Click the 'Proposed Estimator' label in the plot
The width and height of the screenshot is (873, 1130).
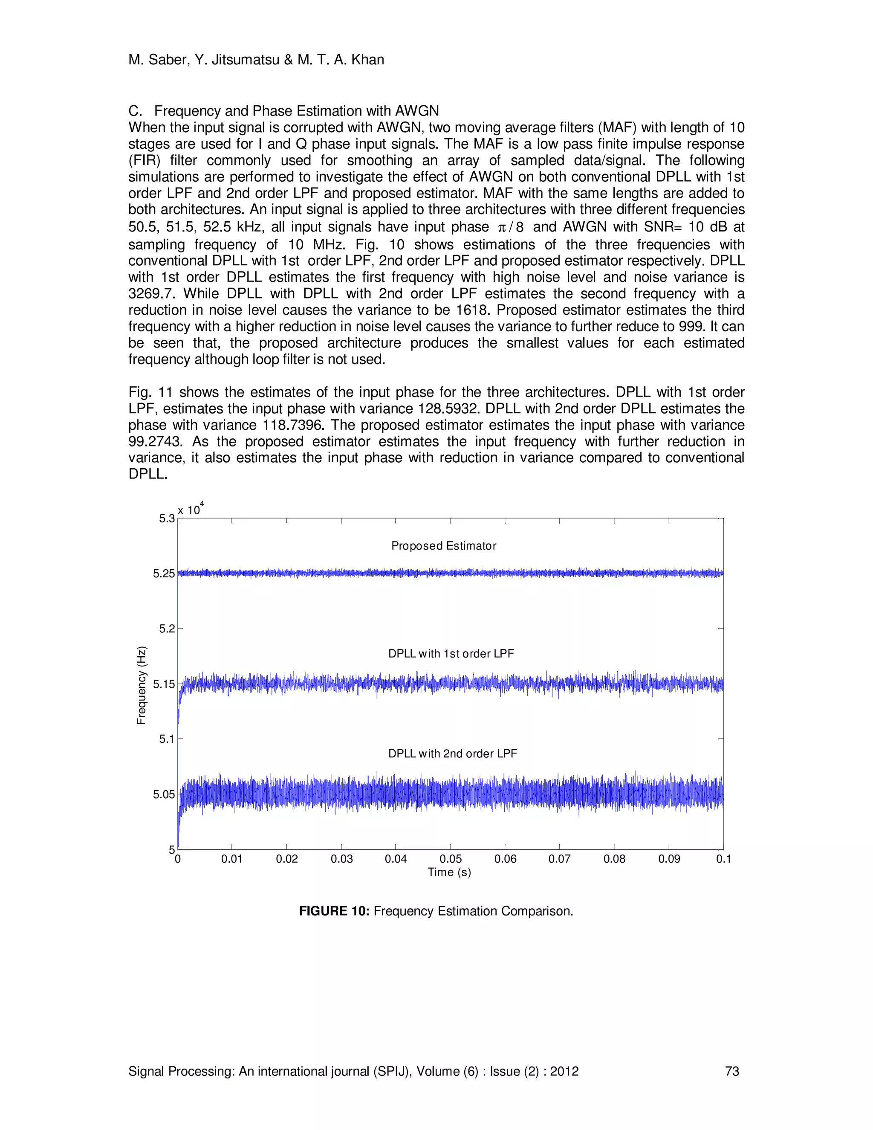[443, 546]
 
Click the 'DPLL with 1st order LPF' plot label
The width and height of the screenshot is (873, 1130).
[451, 653]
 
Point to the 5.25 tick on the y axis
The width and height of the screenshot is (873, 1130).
[163, 573]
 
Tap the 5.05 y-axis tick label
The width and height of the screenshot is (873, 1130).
[163, 794]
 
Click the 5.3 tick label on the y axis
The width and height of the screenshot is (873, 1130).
[167, 519]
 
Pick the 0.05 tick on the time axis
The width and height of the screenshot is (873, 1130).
[451, 859]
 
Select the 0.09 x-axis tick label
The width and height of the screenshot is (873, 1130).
[669, 859]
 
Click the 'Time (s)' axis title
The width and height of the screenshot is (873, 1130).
[449, 872]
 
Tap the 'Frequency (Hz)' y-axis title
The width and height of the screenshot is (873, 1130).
[141, 685]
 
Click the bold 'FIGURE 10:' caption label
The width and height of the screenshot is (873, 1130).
[334, 926]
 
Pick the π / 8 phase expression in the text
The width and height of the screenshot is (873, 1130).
[510, 228]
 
